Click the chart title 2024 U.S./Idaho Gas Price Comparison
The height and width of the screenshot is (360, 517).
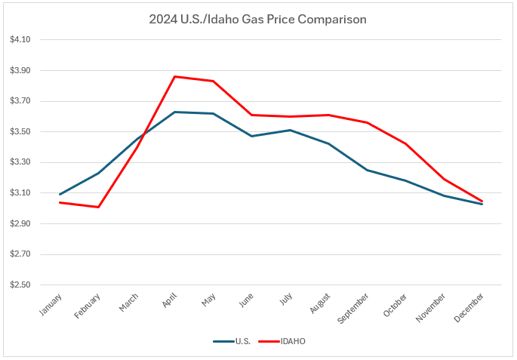(258, 20)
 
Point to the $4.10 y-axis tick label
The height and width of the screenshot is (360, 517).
(20, 40)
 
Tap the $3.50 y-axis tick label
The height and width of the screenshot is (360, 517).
(20, 132)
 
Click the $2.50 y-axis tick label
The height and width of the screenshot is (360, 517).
(20, 285)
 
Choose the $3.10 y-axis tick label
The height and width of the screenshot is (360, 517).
(20, 193)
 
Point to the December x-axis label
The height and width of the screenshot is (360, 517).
(469, 307)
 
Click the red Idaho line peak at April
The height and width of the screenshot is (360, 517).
(175, 76)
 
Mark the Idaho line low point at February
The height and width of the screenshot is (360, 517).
(98, 207)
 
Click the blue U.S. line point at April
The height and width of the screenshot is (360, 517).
(175, 112)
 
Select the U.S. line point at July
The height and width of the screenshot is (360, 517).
(291, 130)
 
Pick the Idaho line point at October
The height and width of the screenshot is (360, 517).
(406, 143)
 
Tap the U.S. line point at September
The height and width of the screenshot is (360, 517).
(368, 170)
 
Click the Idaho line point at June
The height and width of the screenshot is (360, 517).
(252, 115)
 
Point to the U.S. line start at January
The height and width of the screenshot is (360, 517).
(60, 195)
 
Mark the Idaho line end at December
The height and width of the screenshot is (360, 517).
(482, 202)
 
